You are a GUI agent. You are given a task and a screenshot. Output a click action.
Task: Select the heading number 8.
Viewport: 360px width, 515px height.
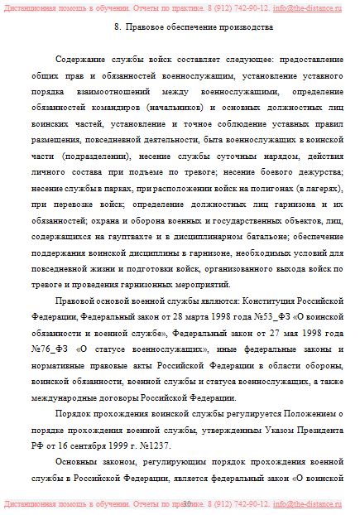(114, 27)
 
